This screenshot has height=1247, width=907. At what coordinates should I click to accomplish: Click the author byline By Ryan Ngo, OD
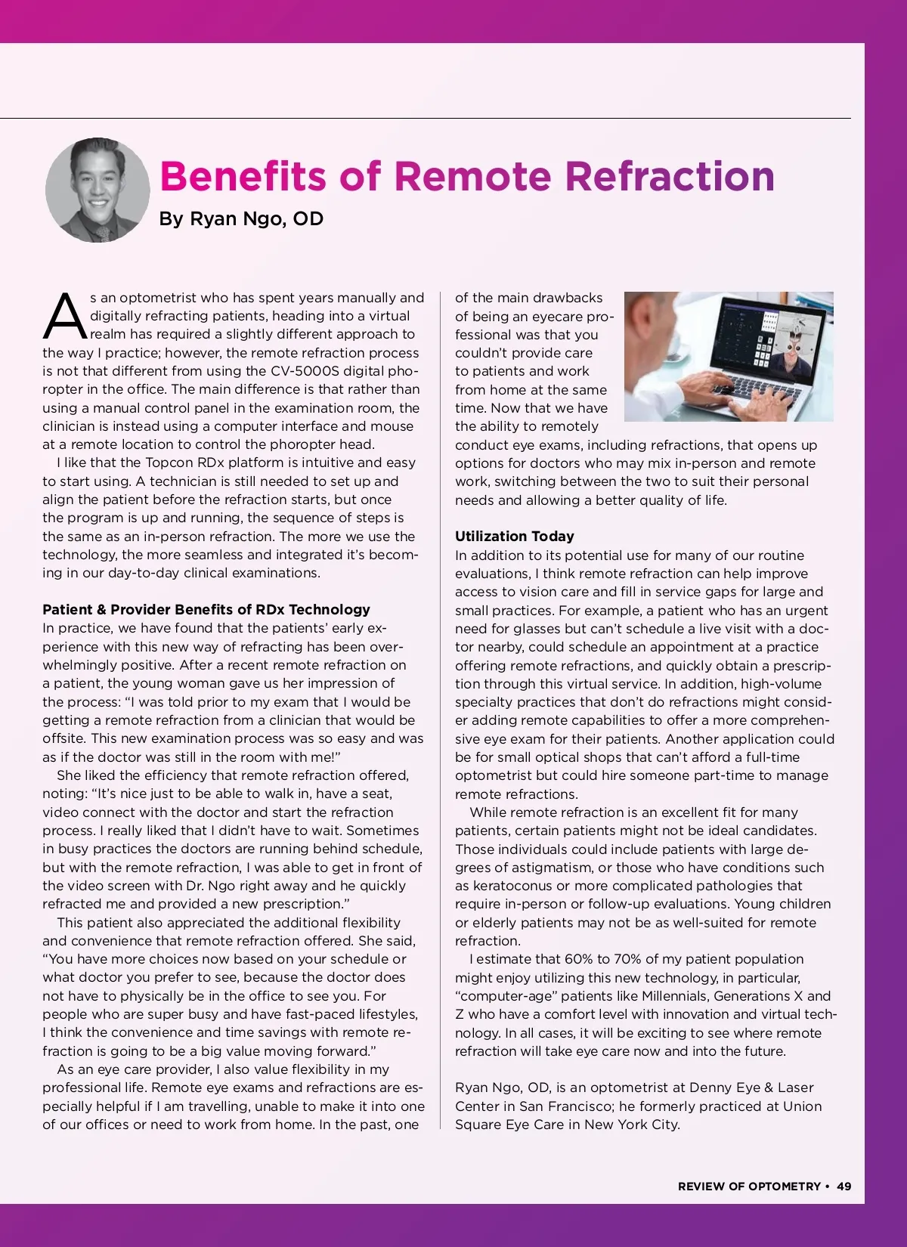(x=241, y=218)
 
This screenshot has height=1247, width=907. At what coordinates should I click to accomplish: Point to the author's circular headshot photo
(x=98, y=190)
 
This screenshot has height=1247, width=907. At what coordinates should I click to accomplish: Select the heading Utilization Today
(x=514, y=536)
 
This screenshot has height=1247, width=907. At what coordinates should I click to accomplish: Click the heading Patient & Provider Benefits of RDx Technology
(x=206, y=609)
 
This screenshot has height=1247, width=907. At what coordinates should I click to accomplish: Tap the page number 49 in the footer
(x=844, y=1186)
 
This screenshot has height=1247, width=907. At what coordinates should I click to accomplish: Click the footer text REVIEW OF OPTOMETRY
(x=749, y=1186)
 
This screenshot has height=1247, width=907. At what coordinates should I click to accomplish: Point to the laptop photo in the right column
(x=729, y=357)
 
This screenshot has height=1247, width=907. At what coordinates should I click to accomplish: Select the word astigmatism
(x=549, y=868)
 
